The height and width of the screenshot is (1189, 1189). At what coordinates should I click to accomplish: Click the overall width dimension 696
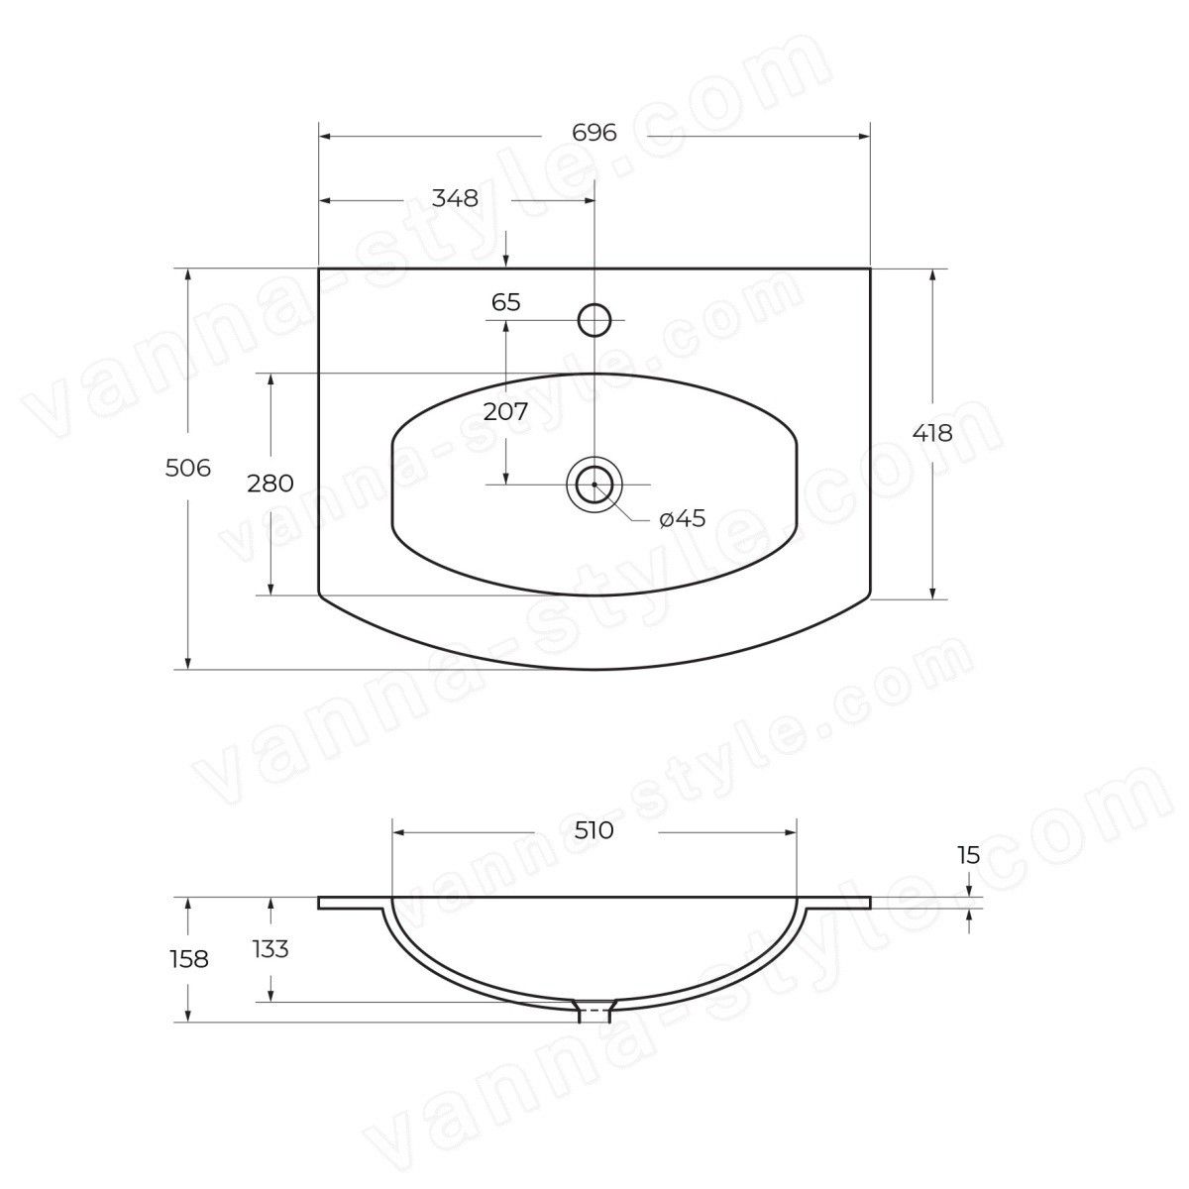coord(594,133)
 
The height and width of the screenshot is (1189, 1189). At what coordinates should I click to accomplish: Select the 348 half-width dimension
coord(455,199)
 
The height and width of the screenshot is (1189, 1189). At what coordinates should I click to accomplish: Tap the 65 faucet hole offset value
coord(506,302)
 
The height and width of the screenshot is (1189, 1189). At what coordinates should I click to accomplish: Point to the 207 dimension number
coord(505,411)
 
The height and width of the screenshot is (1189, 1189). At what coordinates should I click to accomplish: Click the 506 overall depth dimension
coord(188,469)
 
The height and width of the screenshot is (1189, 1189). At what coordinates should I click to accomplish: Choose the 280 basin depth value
coord(270,484)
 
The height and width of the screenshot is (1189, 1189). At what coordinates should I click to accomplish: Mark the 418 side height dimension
coord(932,434)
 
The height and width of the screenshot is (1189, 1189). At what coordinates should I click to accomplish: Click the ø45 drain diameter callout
coord(682,519)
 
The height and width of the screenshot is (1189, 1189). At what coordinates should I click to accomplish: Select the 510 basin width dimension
coord(594,830)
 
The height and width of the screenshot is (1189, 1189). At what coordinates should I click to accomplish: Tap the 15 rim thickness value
coord(969,855)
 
